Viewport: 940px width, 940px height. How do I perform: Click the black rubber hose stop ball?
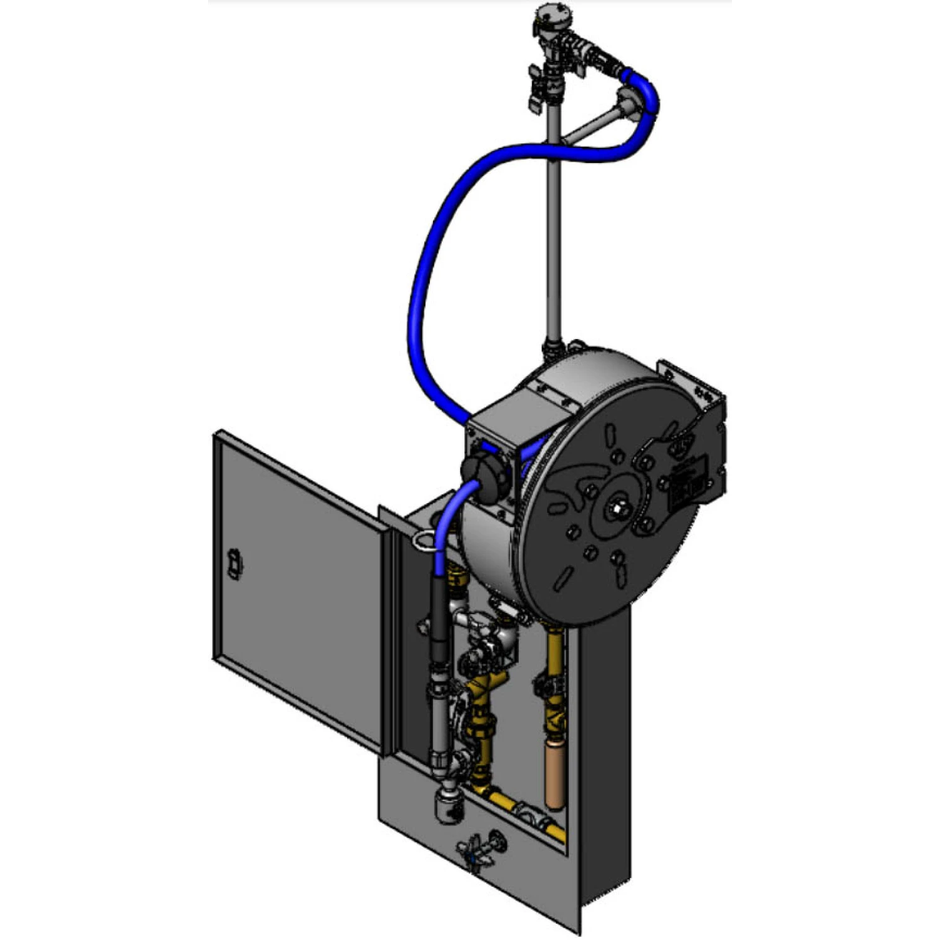(x=483, y=470)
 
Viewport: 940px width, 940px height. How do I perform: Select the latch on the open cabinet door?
(x=234, y=564)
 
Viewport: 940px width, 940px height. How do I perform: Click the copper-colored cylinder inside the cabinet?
(x=555, y=775)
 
